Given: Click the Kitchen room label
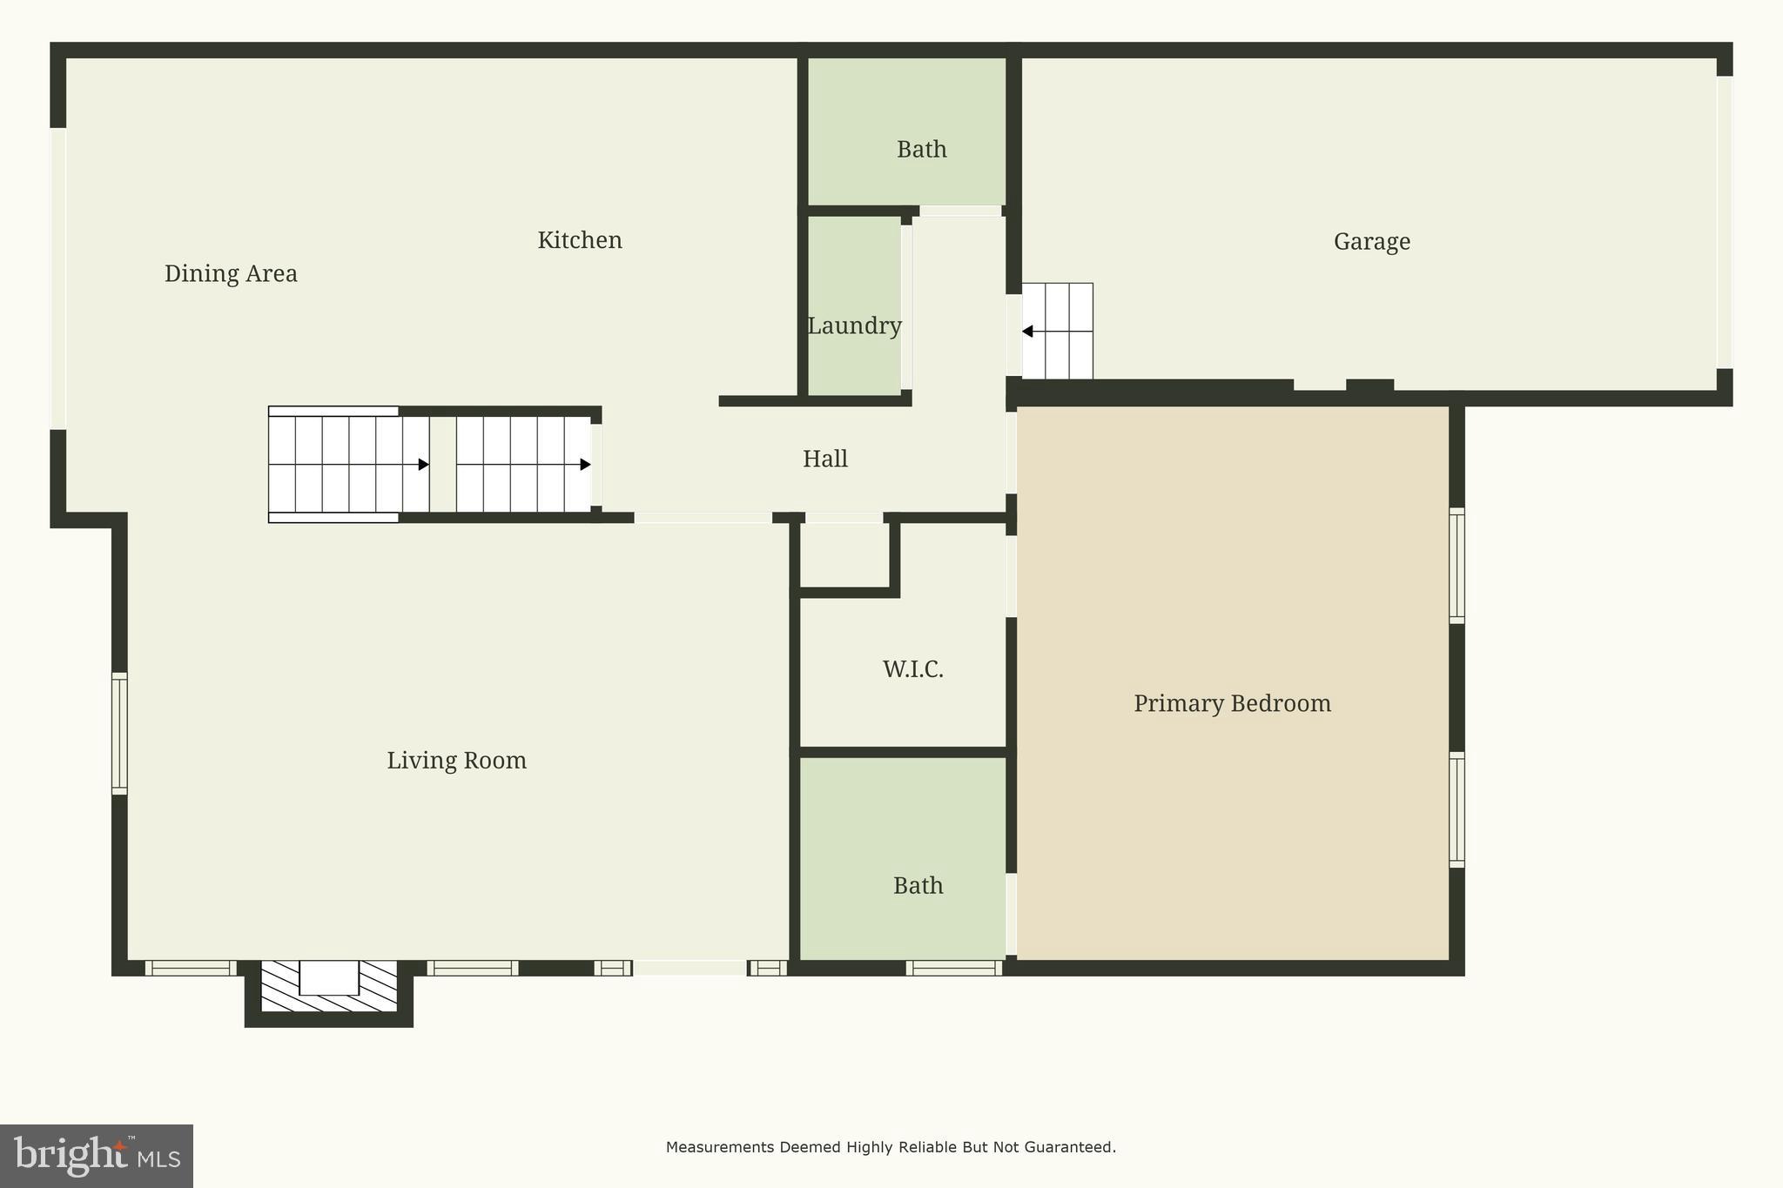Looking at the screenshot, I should (580, 240).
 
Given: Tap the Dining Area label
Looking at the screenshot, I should (231, 273).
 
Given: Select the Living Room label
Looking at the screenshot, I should (456, 761).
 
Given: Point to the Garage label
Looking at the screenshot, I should (1371, 241).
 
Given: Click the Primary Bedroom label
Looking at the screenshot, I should (1232, 703).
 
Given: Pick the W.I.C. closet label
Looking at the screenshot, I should (912, 669).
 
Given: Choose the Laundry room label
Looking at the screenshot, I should (854, 326).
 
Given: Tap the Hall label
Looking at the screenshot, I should (824, 459).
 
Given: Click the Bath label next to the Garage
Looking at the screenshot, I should (921, 150).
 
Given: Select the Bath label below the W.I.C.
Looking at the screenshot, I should (918, 886).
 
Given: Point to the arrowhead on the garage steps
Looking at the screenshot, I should (1027, 332).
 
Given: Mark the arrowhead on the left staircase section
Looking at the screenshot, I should (424, 465).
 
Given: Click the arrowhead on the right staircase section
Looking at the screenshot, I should (586, 465).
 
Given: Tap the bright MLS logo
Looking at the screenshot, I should (97, 1156).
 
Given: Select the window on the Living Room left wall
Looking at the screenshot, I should (119, 733).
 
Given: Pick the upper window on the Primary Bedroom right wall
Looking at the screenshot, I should (1457, 566).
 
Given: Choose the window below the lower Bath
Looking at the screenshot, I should (954, 968).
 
